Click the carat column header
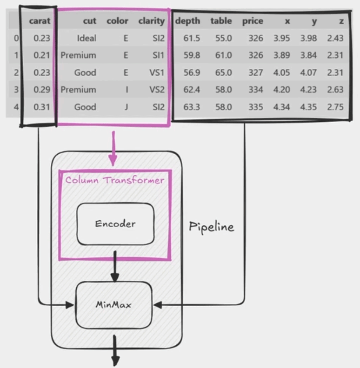(x=40, y=21)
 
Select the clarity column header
(x=151, y=21)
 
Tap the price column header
(x=253, y=21)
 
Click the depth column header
(x=188, y=21)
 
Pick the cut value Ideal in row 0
(x=87, y=38)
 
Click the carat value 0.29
(x=42, y=90)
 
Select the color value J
(x=126, y=107)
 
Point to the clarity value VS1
(x=158, y=72)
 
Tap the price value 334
(x=255, y=90)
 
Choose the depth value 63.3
(x=192, y=107)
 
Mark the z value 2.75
(x=335, y=107)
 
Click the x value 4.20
(x=281, y=90)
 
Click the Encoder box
(x=115, y=224)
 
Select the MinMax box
(x=114, y=305)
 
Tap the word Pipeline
(x=211, y=227)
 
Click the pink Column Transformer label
(x=114, y=180)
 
